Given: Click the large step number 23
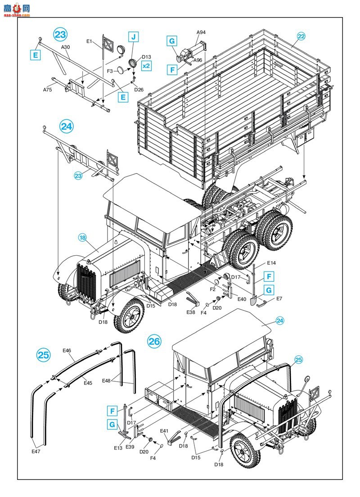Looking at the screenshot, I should coord(60,35).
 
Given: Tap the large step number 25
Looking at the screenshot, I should coord(44,355).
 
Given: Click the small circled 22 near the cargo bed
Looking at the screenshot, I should coord(301,36).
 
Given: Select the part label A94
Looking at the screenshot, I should coord(201,32).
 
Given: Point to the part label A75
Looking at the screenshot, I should coord(48,90).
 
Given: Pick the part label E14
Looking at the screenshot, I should coord(272,263).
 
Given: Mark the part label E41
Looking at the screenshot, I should coord(164,431).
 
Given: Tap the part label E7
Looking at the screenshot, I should coord(279,298).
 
